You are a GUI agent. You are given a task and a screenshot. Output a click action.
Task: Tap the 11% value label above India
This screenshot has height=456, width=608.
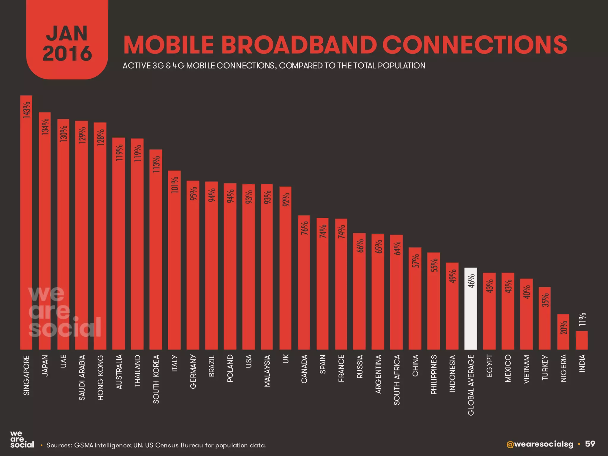point(582,319)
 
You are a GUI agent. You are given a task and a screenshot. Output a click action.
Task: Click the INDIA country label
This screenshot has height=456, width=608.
point(582,363)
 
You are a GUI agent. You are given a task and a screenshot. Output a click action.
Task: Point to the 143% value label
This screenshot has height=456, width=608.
point(26,110)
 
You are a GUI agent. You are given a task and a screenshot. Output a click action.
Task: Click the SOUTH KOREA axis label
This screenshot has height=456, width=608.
point(156,379)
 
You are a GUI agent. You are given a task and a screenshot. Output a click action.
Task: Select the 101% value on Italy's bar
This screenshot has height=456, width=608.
point(175,185)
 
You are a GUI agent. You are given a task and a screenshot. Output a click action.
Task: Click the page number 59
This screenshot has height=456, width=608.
point(590,444)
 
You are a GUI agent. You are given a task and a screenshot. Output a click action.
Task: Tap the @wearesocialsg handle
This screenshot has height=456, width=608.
point(540,444)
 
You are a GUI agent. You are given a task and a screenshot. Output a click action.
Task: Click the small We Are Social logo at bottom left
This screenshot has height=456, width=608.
point(22,440)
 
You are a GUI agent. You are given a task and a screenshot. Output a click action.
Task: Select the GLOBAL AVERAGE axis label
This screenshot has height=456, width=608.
point(471,385)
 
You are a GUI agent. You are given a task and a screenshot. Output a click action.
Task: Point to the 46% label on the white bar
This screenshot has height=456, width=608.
point(471,281)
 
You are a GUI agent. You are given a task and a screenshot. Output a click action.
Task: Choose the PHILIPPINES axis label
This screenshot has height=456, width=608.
point(434,375)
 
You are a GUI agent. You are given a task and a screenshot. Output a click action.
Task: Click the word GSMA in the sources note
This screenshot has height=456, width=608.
point(83,445)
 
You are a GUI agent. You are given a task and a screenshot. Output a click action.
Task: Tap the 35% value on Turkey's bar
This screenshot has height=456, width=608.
point(545,300)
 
